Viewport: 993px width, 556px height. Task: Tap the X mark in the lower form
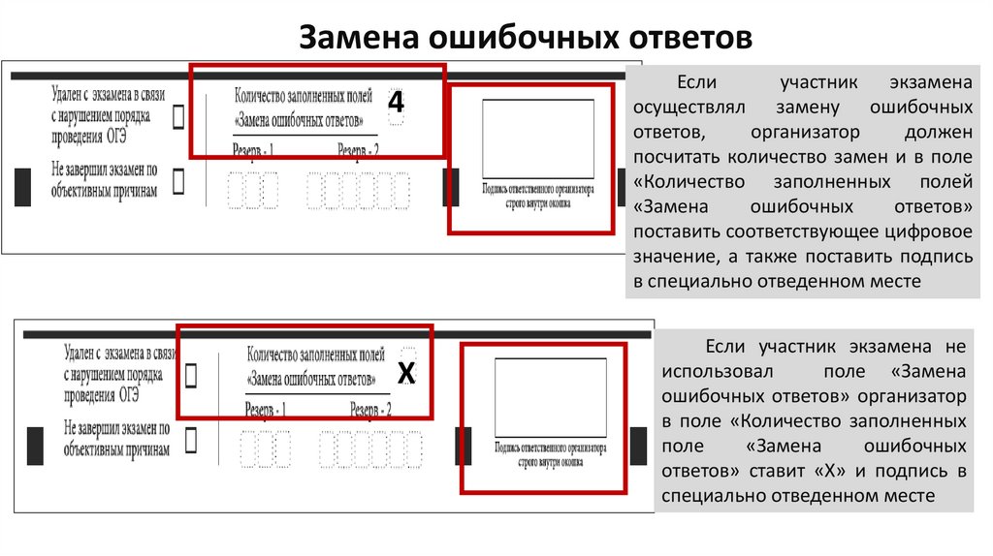click(407, 374)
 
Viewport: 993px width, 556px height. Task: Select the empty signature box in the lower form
click(551, 397)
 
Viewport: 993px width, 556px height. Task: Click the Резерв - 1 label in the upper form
click(253, 149)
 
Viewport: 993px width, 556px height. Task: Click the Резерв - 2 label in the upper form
click(358, 149)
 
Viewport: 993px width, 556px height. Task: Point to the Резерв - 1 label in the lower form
click(265, 410)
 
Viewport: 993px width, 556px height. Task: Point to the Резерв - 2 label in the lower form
click(370, 410)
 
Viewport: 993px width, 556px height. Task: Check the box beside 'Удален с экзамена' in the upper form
click(179, 117)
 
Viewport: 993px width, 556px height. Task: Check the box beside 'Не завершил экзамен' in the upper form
click(179, 180)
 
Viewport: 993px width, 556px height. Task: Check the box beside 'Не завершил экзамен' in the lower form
click(191, 441)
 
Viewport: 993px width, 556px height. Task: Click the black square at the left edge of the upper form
click(24, 186)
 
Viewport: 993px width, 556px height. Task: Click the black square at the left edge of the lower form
click(36, 444)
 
